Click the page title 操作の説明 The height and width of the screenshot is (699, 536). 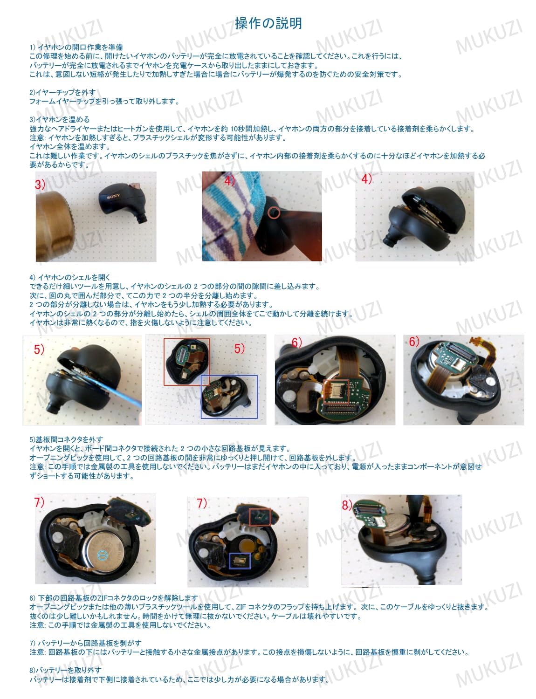268,23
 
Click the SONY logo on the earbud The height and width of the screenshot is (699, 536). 114,196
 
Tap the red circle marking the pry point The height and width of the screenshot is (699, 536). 274,212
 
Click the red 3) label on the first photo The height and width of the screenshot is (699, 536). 40,185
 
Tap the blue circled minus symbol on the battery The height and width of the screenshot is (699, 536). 102,555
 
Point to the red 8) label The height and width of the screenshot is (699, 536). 347,505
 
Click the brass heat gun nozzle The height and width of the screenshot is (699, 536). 55,225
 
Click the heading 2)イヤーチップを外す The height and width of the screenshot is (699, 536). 62,92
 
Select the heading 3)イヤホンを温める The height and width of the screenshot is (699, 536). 60,119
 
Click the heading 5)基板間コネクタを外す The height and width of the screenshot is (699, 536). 66,439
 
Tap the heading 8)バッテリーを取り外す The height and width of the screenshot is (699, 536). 65,670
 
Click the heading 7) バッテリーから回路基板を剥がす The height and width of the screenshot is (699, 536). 85,643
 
